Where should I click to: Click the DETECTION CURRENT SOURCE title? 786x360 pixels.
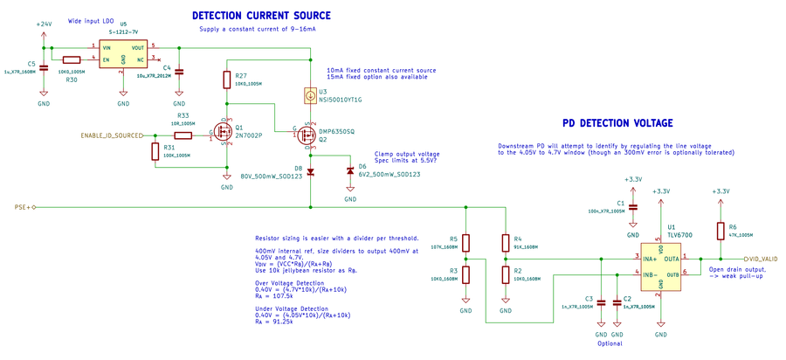tap(260, 16)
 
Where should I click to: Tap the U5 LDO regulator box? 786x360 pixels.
tap(122, 52)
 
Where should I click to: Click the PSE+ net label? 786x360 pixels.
tap(24, 208)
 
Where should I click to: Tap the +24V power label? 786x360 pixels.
tap(45, 24)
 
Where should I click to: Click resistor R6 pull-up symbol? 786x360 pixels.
tap(720, 231)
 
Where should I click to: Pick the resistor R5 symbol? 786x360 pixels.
tap(465, 241)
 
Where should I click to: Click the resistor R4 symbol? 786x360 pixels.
tap(505, 241)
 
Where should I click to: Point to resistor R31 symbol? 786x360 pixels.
tap(154, 151)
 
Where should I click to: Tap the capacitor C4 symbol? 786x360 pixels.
tap(179, 73)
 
